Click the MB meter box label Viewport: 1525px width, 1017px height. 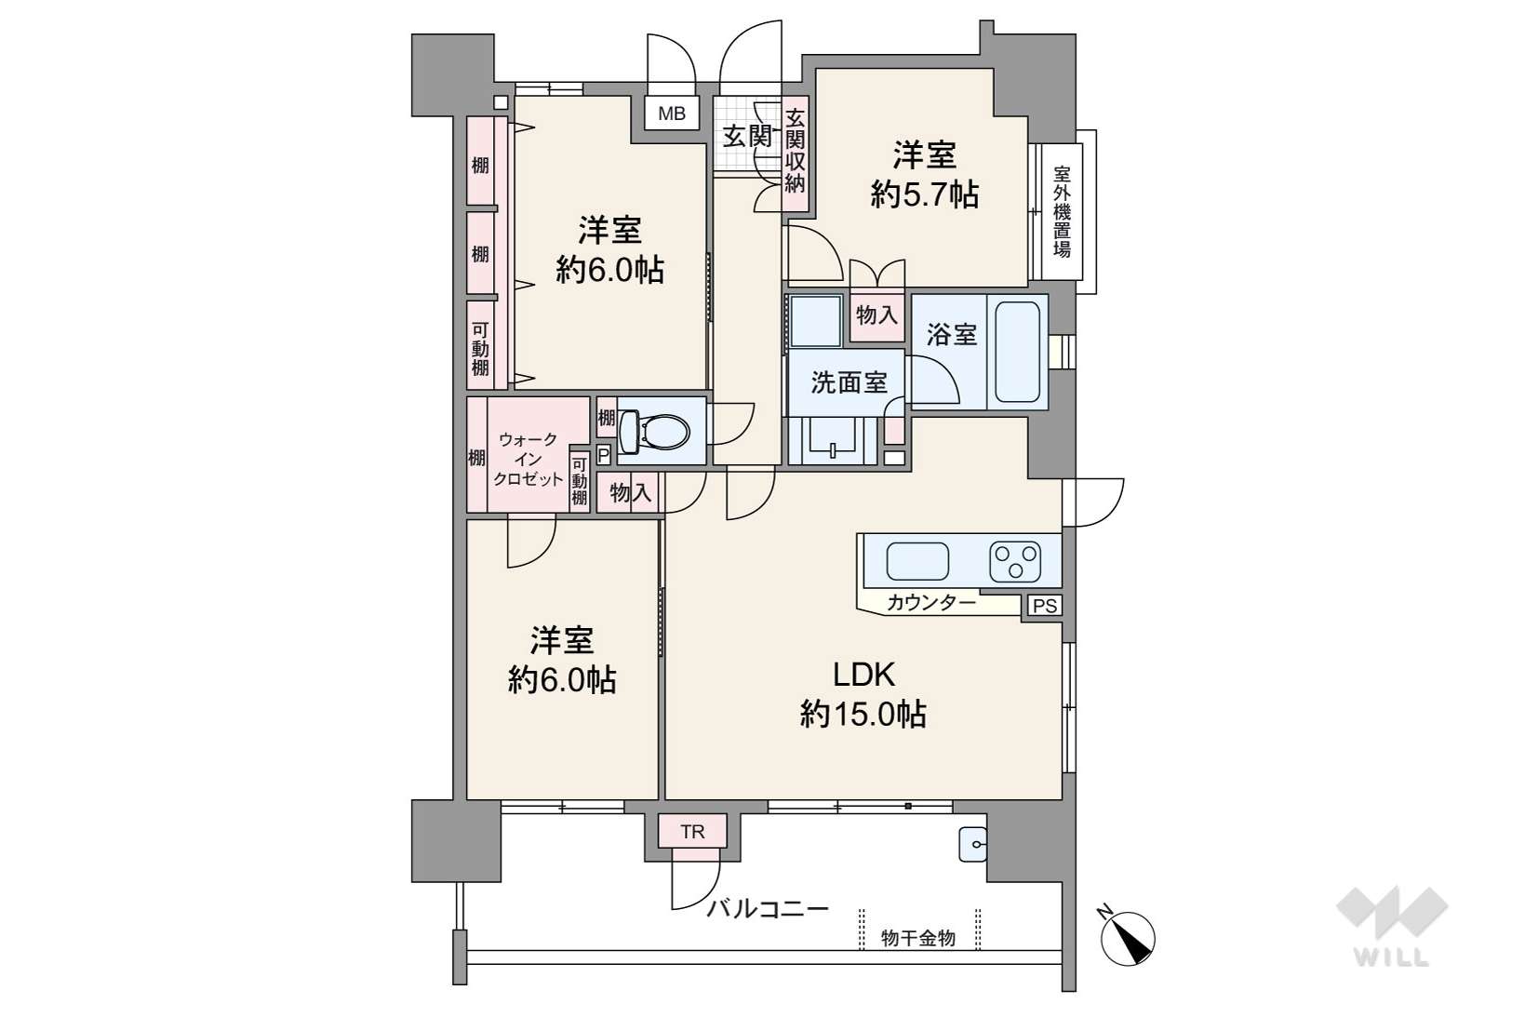[671, 114]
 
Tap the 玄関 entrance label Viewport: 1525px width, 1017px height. [747, 137]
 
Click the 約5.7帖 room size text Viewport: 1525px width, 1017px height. [925, 194]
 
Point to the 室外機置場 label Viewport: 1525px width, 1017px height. [1062, 212]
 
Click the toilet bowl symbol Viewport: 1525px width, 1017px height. [653, 431]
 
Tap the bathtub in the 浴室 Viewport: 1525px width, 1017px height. [1018, 352]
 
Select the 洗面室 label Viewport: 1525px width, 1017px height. [849, 382]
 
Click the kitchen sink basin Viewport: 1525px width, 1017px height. [917, 562]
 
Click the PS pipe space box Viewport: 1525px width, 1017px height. [1045, 606]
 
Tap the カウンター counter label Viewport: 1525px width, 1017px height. [931, 602]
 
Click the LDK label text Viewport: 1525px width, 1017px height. [864, 675]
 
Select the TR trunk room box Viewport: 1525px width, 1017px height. [692, 832]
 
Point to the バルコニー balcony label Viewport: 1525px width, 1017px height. [768, 909]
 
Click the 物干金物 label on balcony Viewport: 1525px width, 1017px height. [918, 939]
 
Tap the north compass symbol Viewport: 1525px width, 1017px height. [1128, 937]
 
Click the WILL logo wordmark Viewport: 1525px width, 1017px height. [1392, 958]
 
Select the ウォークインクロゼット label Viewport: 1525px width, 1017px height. [528, 460]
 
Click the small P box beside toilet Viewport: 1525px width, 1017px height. [603, 454]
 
